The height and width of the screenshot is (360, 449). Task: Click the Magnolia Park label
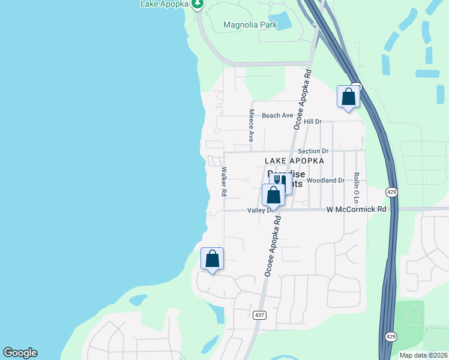(x=250, y=25)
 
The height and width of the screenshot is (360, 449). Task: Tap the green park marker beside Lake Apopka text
(x=197, y=4)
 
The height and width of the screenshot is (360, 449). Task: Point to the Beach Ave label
(x=277, y=115)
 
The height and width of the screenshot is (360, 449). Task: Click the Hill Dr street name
(x=313, y=122)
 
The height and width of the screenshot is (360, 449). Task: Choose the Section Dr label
(x=313, y=152)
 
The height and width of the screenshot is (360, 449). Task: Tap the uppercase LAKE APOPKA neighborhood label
(x=294, y=161)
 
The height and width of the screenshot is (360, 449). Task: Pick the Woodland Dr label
(x=325, y=180)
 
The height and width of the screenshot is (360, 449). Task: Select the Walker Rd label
(x=223, y=182)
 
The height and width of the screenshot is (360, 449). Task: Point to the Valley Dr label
(x=260, y=211)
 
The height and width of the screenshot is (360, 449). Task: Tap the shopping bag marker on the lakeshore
(x=212, y=259)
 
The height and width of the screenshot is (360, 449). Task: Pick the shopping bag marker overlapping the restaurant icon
(x=273, y=195)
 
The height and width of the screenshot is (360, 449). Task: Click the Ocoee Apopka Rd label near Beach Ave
(x=303, y=99)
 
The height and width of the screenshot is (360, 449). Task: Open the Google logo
(x=20, y=353)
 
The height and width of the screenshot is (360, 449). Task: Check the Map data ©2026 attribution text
(x=423, y=355)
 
